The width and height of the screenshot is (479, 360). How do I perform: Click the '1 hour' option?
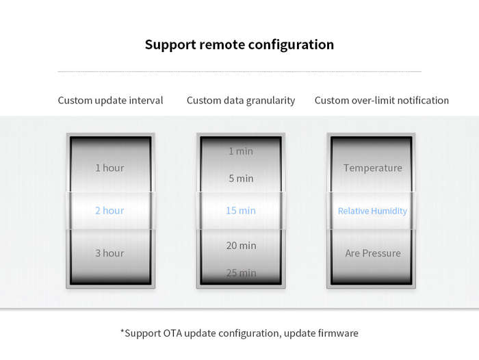click(109, 168)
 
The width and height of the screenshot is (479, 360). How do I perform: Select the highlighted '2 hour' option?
click(109, 211)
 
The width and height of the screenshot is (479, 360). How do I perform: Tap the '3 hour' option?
click(109, 253)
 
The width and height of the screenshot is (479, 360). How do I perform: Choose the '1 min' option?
click(241, 151)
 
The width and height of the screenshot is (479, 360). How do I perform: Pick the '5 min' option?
click(241, 179)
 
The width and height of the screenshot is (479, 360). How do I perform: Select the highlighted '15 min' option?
click(241, 211)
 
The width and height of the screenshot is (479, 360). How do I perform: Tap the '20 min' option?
click(241, 246)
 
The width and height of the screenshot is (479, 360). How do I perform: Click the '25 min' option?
click(241, 273)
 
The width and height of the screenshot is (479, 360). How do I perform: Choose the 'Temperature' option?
click(373, 168)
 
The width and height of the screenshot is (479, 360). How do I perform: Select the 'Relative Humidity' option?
click(372, 211)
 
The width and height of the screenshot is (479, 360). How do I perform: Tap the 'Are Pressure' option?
click(373, 253)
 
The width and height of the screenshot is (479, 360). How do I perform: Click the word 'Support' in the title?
click(170, 45)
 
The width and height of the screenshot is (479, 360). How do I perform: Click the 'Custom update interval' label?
click(110, 101)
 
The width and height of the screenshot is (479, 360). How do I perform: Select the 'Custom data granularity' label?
click(241, 101)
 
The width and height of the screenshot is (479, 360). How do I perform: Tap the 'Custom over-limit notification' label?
click(382, 100)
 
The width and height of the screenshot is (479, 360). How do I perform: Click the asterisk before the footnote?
click(122, 331)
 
